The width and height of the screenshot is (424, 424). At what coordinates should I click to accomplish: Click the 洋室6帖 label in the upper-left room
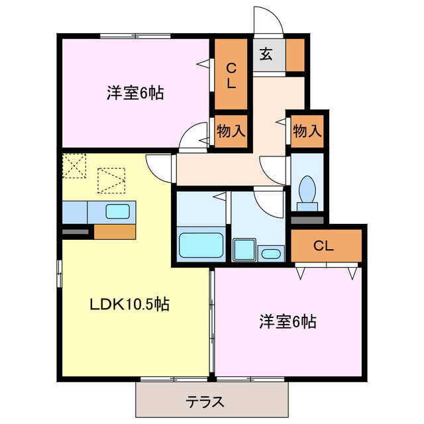(x=135, y=93)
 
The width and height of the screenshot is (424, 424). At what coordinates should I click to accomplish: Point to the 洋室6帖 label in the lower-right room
(x=287, y=322)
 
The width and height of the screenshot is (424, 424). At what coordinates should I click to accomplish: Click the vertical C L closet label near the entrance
(x=231, y=75)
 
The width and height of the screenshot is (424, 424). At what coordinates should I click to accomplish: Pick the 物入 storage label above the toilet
(x=307, y=131)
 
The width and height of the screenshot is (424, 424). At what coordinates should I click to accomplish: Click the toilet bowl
(x=307, y=190)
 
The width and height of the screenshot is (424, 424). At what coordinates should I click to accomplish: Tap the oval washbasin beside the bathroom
(x=271, y=252)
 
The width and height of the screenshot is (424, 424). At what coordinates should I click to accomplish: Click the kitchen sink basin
(x=118, y=212)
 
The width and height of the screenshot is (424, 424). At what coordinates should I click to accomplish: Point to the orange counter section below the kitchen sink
(x=115, y=231)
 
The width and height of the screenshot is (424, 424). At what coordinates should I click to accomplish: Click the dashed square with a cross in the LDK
(x=75, y=166)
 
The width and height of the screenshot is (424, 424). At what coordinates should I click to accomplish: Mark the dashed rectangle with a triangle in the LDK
(x=111, y=180)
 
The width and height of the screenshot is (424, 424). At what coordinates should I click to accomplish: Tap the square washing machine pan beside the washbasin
(x=244, y=250)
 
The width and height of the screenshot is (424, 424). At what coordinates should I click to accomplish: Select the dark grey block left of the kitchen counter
(x=76, y=232)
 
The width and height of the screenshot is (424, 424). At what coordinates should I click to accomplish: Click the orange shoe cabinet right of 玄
(x=295, y=55)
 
